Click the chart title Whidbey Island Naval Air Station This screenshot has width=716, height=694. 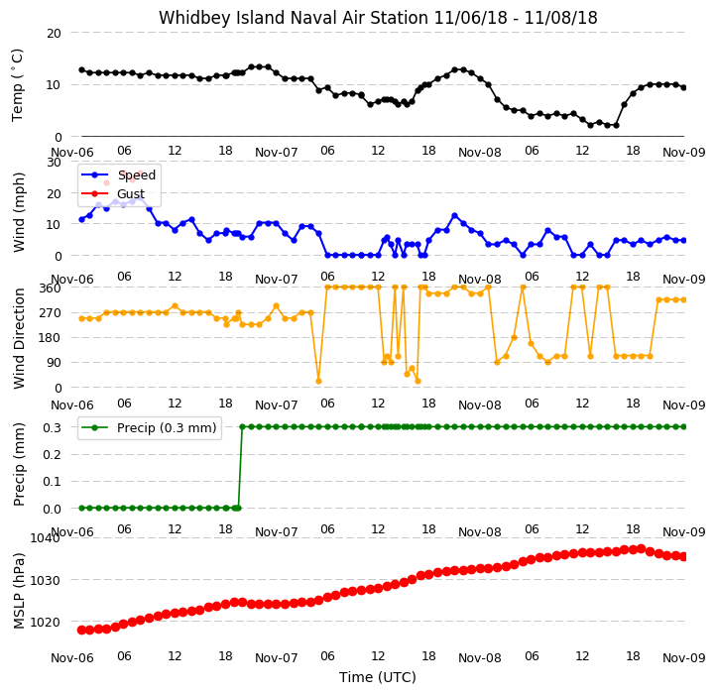(x=294, y=18)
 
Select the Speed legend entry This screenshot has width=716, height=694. (x=118, y=174)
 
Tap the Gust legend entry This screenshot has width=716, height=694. (x=112, y=193)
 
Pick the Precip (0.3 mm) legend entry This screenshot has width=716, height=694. (x=149, y=428)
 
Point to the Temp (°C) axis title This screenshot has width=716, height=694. (x=17, y=85)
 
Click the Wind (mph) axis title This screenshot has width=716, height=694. (x=18, y=212)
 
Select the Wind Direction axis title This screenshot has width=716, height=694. (x=19, y=339)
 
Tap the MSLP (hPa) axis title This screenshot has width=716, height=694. (x=19, y=591)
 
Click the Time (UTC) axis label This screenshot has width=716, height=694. (x=378, y=677)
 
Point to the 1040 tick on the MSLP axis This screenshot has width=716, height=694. (x=45, y=537)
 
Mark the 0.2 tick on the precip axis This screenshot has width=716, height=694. (x=52, y=455)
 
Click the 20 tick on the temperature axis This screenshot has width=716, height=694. (x=54, y=34)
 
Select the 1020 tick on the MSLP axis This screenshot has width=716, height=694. (x=45, y=623)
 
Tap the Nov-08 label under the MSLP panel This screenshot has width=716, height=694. (x=479, y=658)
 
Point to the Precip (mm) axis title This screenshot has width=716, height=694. (x=19, y=464)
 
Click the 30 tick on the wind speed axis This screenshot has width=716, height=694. (x=54, y=162)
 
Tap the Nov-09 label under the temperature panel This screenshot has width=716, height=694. (x=683, y=152)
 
